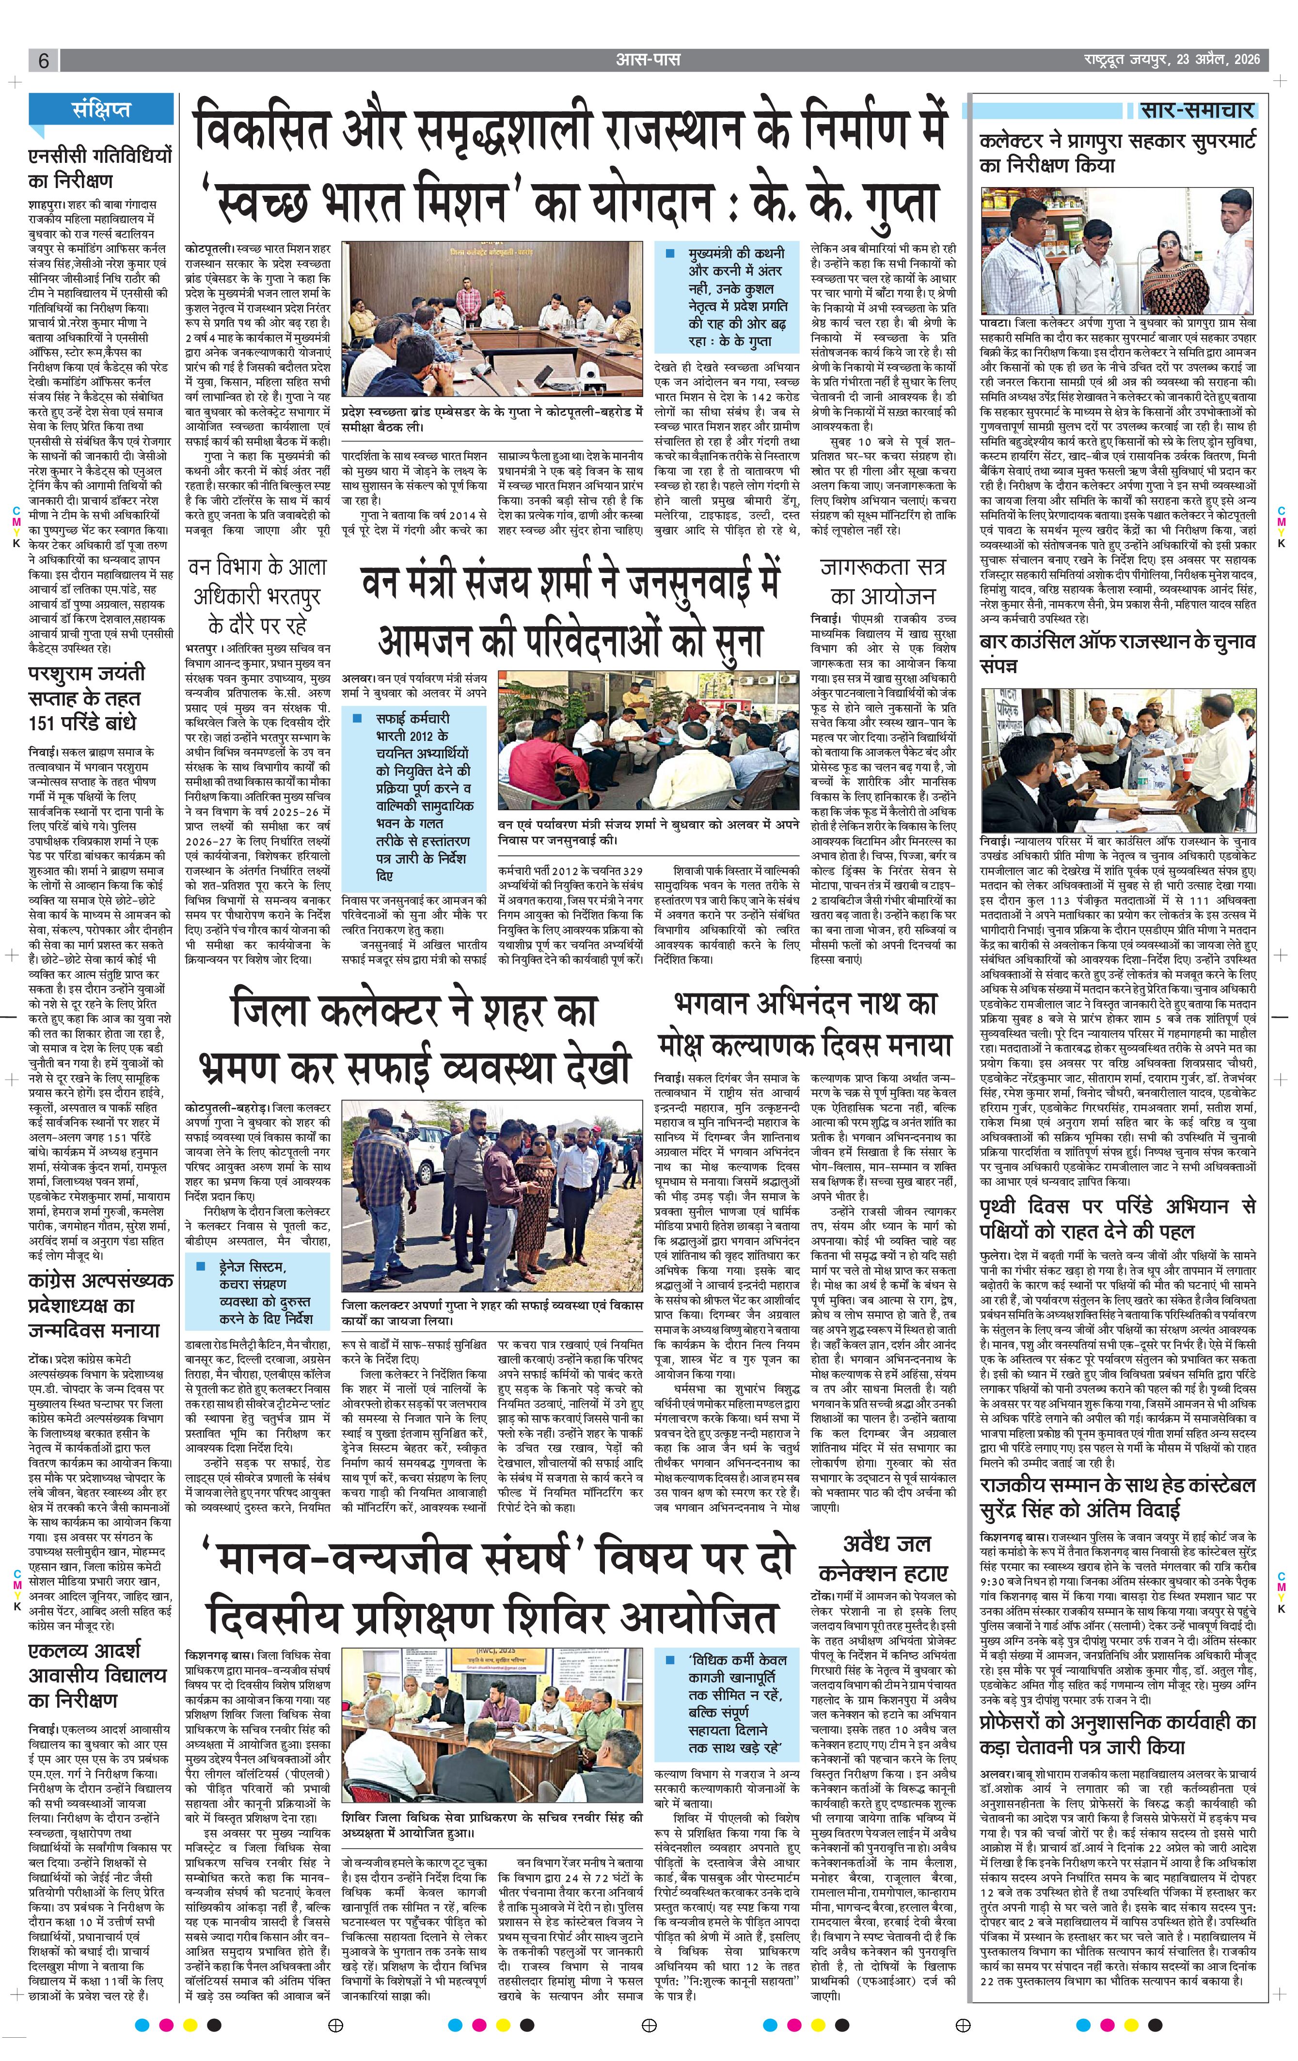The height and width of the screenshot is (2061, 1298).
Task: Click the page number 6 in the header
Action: [x=43, y=61]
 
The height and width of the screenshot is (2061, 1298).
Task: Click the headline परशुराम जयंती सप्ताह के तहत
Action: [x=86, y=697]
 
